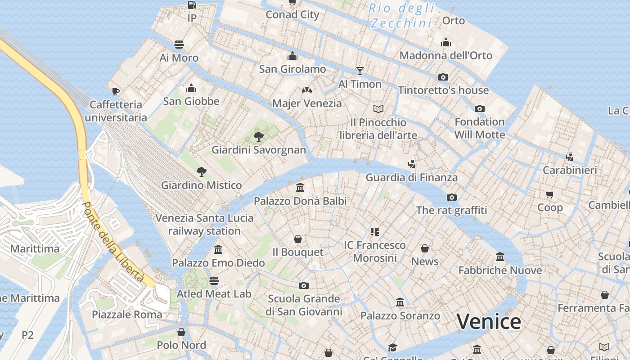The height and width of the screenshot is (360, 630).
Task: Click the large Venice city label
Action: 489,322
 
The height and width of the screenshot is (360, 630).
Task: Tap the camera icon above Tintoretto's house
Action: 443,77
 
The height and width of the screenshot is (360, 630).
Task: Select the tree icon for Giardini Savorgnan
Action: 258,136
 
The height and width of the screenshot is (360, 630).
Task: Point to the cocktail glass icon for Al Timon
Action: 360,71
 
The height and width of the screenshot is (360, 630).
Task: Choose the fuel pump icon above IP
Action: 192,5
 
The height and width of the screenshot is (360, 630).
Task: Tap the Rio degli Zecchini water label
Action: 402,15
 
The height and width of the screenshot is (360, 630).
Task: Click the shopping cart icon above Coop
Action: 549,194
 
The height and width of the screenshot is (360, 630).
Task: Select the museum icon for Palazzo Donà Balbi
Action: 300,187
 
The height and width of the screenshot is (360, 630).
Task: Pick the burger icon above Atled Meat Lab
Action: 214,281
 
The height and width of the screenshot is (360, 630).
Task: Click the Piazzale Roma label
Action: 127,314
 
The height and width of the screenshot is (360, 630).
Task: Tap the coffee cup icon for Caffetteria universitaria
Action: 116,91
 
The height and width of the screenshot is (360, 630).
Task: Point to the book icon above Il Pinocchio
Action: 378,109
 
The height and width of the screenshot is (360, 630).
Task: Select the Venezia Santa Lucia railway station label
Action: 204,224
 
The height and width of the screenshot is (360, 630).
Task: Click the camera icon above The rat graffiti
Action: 451,197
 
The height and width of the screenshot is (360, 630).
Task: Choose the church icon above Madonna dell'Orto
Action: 445,42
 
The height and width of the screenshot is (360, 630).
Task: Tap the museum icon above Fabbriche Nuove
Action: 500,256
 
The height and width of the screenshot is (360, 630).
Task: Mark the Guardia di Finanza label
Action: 411,177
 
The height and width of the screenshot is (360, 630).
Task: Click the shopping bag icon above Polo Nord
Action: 181,332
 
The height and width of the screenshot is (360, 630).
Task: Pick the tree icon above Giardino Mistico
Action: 201,171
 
